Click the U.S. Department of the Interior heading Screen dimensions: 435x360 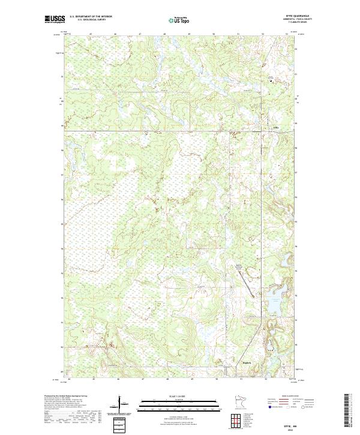point(91,17)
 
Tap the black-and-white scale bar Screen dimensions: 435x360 point(179,403)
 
